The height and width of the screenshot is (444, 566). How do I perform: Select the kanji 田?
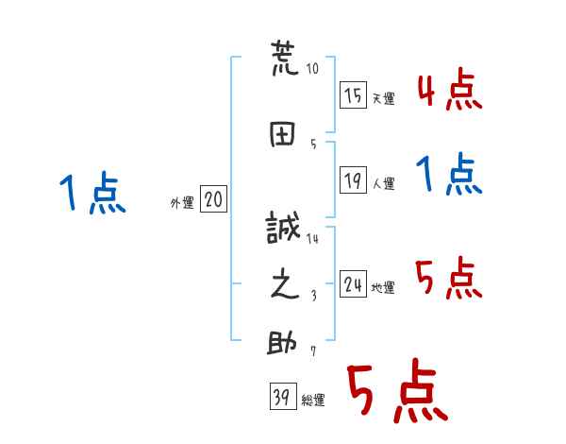pos(284,132)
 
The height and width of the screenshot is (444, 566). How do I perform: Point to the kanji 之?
pos(284,284)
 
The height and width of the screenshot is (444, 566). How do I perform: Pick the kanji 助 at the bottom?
pos(284,343)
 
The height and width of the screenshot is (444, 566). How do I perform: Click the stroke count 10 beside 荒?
pos(313,69)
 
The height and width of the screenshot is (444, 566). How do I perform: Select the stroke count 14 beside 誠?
pos(312,239)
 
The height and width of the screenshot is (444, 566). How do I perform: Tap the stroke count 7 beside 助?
pos(312,352)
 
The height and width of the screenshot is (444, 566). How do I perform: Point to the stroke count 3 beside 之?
pos(313,295)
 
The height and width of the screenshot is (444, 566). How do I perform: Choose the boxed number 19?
pos(353,180)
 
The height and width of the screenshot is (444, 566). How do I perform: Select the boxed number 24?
pos(353,283)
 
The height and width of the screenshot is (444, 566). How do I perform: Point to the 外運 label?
pos(181,202)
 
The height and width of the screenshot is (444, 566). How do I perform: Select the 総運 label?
pos(313,401)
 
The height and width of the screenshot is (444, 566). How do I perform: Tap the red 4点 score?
pos(450,91)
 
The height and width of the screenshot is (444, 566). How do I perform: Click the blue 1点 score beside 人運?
pos(450,176)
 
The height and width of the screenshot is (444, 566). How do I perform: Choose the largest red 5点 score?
pos(395,393)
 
